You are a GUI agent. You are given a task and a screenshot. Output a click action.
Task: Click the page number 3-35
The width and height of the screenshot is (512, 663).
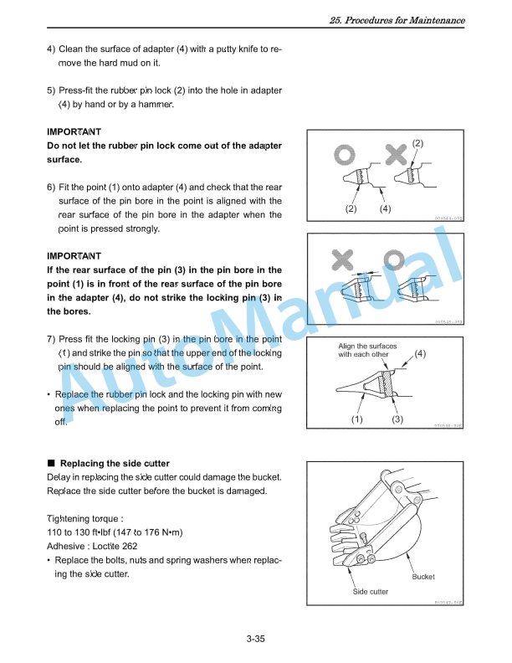(x=255, y=640)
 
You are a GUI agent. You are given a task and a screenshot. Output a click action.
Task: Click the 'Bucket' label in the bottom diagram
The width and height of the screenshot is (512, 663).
(x=423, y=577)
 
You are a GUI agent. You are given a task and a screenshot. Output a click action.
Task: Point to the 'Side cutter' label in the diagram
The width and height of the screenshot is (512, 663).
(x=370, y=592)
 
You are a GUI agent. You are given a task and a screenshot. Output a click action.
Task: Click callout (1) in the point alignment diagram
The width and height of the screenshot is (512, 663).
(x=356, y=419)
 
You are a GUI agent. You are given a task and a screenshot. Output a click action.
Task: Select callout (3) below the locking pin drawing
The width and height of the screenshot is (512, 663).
(x=397, y=419)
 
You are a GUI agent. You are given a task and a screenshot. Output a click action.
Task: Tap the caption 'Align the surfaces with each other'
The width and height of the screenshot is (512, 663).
(x=367, y=350)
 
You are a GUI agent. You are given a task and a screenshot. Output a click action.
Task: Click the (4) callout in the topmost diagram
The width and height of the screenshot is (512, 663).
(x=385, y=208)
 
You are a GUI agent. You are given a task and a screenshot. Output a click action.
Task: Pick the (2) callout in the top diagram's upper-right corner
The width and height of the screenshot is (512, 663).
(x=442, y=143)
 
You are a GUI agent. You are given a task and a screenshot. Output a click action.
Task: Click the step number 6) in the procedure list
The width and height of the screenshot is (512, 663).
(x=52, y=187)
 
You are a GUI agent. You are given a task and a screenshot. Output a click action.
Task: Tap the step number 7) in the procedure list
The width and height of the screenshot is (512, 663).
(x=52, y=339)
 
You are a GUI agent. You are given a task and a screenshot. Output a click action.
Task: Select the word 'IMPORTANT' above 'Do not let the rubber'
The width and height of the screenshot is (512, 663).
(x=74, y=132)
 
